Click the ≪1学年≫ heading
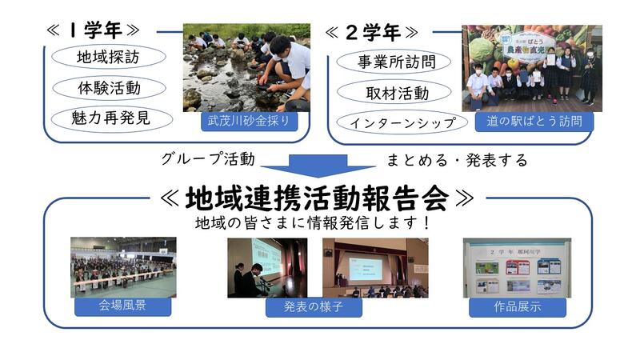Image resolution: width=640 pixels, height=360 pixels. tap(93, 30)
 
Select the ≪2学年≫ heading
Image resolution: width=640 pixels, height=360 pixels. tap(372, 32)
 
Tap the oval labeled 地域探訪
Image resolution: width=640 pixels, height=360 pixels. tap(109, 57)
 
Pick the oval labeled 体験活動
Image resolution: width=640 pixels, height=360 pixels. tap(110, 88)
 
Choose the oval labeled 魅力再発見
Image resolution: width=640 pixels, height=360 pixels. tap(112, 118)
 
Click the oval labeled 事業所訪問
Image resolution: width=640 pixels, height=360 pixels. tap(394, 62)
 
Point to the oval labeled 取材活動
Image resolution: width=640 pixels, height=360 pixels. tap(394, 93)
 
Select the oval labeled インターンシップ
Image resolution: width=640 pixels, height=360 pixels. tap(402, 122)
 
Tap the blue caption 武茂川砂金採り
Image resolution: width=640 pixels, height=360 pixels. tap(249, 122)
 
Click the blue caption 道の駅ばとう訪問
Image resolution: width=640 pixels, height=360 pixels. tap(534, 122)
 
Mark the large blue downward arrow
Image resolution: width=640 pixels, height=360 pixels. tap(318, 166)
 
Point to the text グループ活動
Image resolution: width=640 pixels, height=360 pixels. tap(208, 158)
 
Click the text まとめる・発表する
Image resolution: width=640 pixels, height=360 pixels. tap(457, 160)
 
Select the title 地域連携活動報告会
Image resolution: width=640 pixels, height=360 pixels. tap(317, 198)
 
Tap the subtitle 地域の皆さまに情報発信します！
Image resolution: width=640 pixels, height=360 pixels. tap(313, 223)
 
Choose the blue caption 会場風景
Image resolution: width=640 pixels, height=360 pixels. tap(123, 306)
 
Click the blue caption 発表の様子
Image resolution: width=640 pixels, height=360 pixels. tap(314, 307)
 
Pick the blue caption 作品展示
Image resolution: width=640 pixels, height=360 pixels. tap(518, 307)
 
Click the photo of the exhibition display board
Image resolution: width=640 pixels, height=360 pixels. tap(517, 268)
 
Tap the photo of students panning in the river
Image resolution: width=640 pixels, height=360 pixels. tap(246, 68)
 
